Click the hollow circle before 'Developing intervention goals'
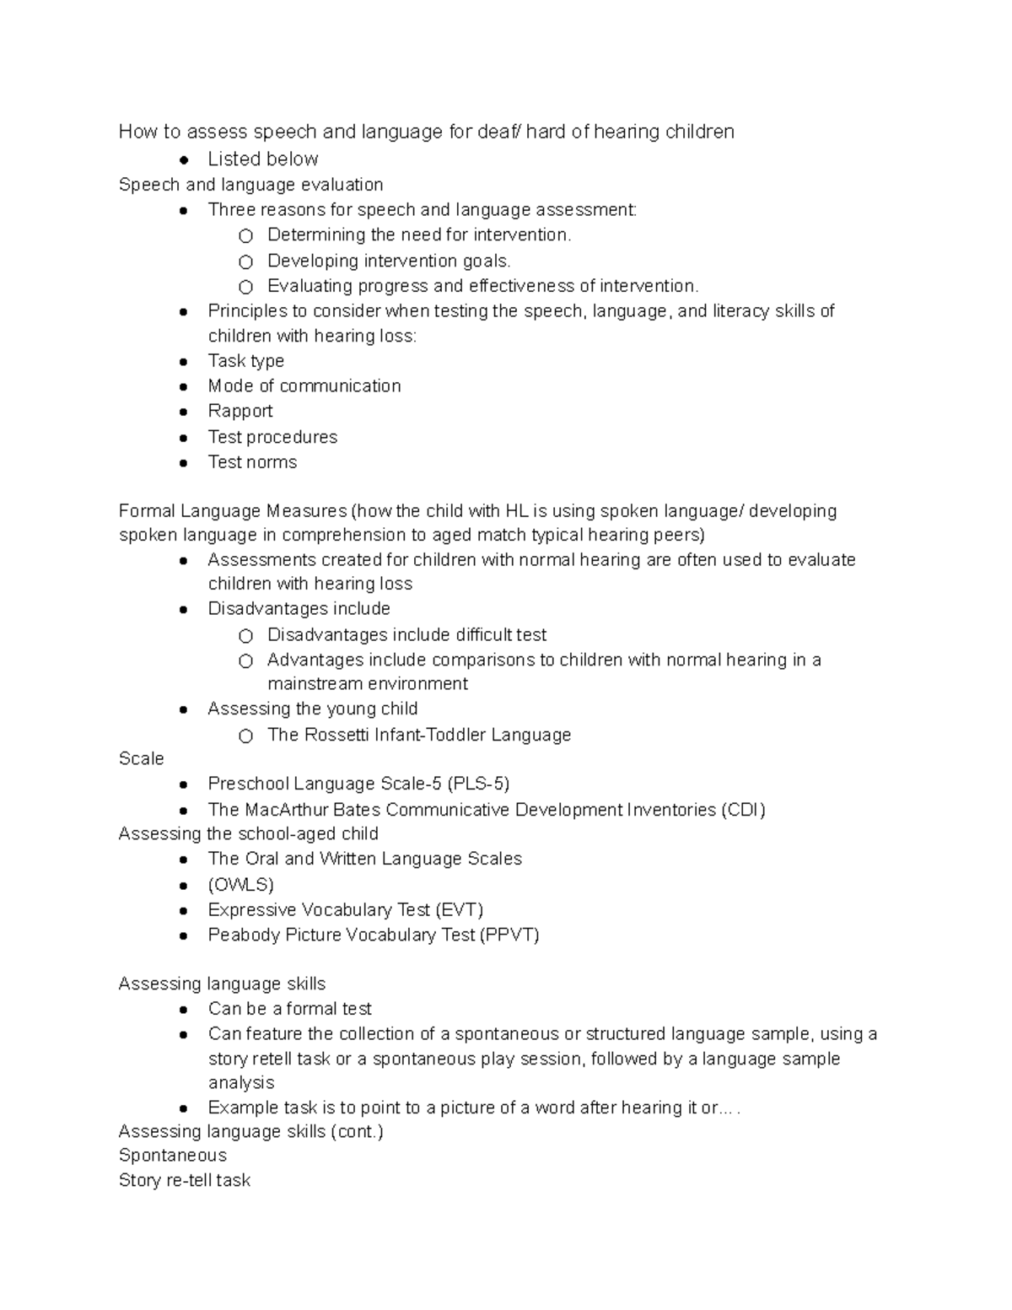[245, 261]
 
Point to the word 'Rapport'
[240, 411]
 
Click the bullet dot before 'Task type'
[183, 362]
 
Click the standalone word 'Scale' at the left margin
[142, 758]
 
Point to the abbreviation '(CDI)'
[742, 810]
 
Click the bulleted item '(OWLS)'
[241, 885]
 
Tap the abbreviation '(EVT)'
[460, 910]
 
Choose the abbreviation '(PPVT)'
[509, 935]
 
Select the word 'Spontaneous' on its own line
[173, 1156]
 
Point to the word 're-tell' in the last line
[186, 1180]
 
